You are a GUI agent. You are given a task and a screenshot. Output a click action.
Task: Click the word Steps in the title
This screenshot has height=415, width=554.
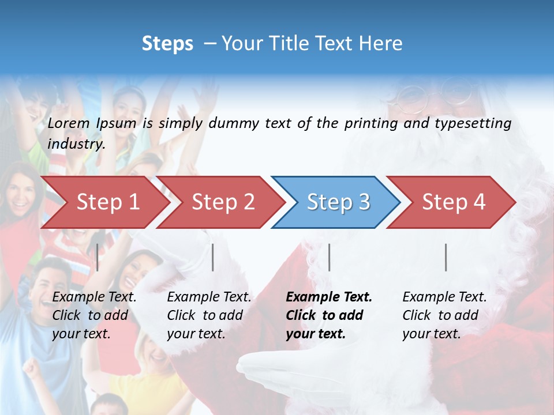[x=167, y=43]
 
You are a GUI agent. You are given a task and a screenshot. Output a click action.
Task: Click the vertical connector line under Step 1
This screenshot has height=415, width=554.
[x=98, y=257]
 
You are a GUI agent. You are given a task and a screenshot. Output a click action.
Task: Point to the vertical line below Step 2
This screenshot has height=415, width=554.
[x=213, y=257]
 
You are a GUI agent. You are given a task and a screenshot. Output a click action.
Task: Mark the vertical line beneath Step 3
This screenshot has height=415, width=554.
[x=330, y=257]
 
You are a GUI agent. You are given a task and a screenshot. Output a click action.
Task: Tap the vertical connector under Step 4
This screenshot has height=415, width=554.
[x=446, y=257]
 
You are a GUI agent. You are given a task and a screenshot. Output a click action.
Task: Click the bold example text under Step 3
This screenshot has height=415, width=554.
[x=329, y=315]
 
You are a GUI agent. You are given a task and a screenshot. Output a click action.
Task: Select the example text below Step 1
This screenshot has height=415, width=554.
[x=94, y=315]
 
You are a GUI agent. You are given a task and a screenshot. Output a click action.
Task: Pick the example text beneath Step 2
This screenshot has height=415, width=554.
[x=209, y=315]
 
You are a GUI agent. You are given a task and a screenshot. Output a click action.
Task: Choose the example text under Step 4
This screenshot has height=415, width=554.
[x=444, y=315]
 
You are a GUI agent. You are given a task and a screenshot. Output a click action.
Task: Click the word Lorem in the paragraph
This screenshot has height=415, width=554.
[x=69, y=123]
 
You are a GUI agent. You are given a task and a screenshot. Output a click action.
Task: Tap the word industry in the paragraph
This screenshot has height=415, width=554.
[x=76, y=144]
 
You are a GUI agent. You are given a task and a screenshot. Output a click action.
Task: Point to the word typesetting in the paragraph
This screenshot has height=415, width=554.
[x=473, y=123]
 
